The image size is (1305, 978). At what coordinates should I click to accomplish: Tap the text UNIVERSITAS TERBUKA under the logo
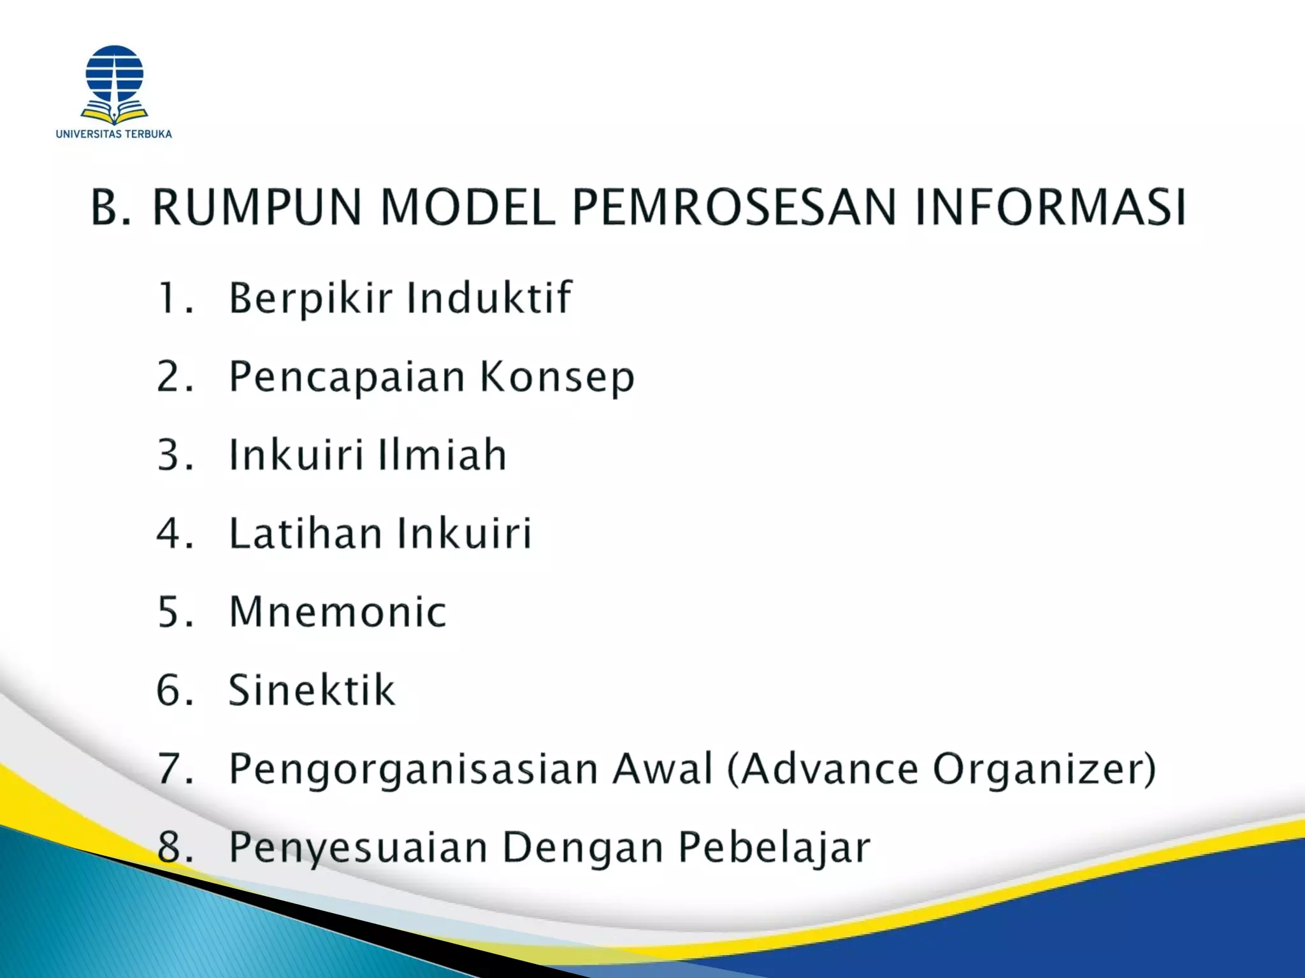click(x=114, y=134)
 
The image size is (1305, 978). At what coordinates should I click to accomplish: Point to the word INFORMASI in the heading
click(x=1050, y=207)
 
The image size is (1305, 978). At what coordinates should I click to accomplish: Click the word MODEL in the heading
click(x=468, y=207)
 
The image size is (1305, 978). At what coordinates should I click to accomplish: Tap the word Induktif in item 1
click(x=489, y=297)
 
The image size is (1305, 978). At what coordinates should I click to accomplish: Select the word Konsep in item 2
click(x=558, y=377)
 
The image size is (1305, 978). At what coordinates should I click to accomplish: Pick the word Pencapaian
click(x=347, y=377)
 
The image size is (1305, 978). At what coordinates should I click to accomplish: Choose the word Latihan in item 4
click(x=305, y=533)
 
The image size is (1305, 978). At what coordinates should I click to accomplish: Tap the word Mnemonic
click(x=338, y=612)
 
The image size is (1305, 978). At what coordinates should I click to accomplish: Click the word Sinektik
click(x=312, y=690)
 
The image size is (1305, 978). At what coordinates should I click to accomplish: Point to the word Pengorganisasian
click(x=414, y=770)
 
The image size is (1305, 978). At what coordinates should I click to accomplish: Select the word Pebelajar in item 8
click(x=774, y=848)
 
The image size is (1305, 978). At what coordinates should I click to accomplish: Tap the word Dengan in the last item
click(x=583, y=848)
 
